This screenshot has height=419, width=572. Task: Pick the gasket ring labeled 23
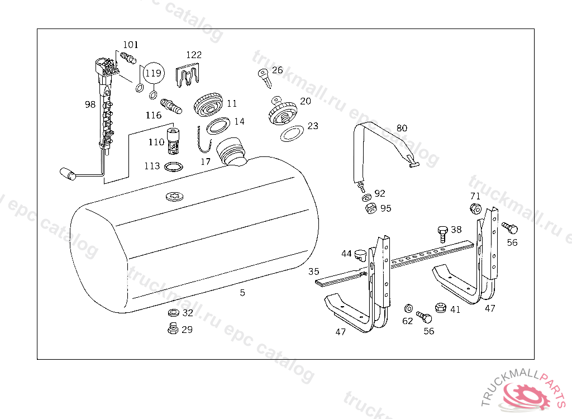coord(292,134)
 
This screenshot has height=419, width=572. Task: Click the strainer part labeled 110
coord(173,142)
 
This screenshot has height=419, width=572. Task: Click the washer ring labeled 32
coord(173,313)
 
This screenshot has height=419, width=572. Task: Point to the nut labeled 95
coord(369,209)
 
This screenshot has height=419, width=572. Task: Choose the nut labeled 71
coord(475,209)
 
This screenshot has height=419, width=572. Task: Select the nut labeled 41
coord(439,307)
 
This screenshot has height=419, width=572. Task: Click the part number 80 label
coord(402,128)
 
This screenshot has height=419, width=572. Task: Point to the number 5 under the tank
coord(242,292)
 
